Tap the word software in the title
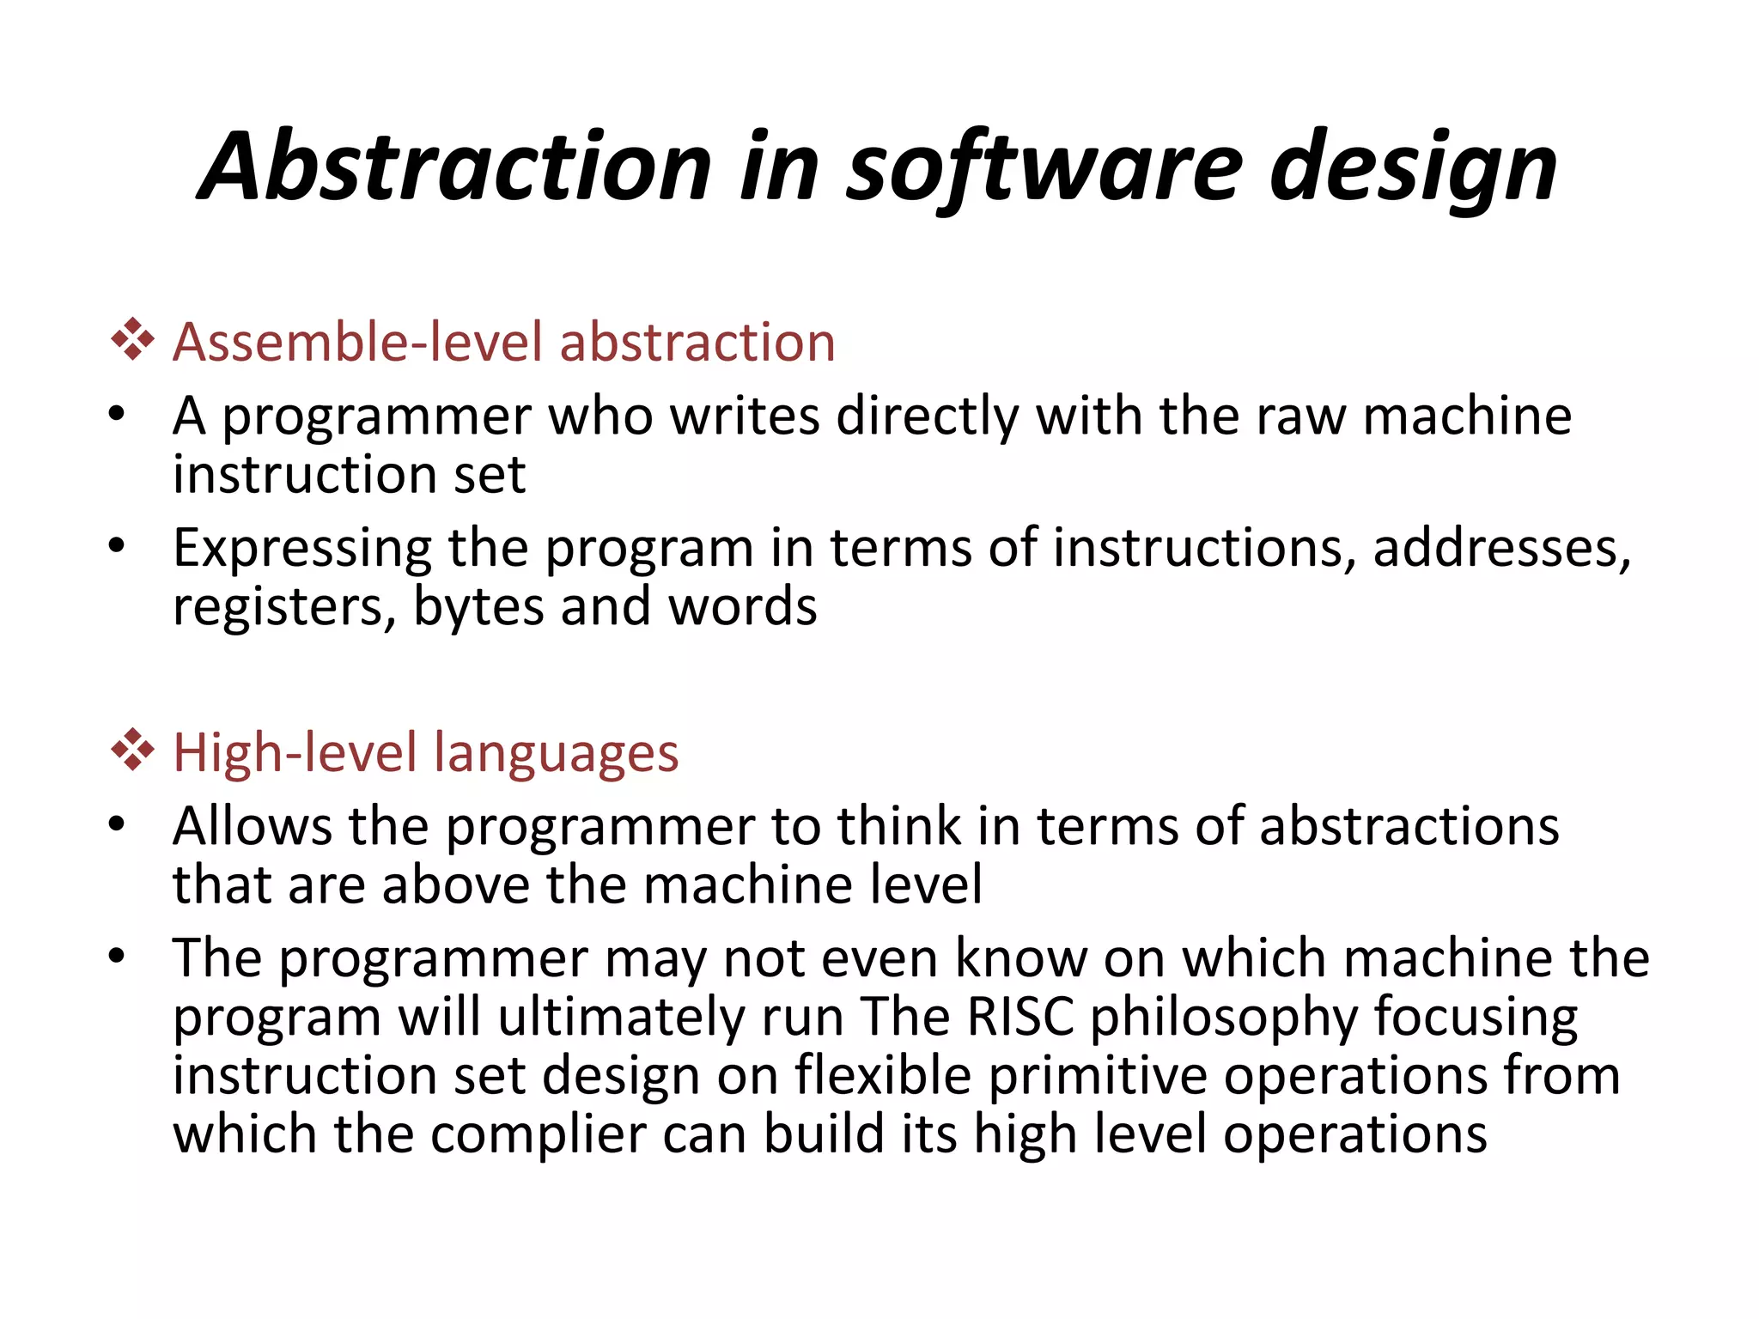pyautogui.click(x=1044, y=167)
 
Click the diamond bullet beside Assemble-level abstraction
pyautogui.click(x=132, y=339)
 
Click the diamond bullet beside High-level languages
pyautogui.click(x=132, y=750)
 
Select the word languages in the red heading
pyautogui.click(x=556, y=754)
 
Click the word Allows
pyautogui.click(x=252, y=826)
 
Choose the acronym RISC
pyautogui.click(x=1020, y=1017)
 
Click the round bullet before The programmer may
pyautogui.click(x=117, y=955)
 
